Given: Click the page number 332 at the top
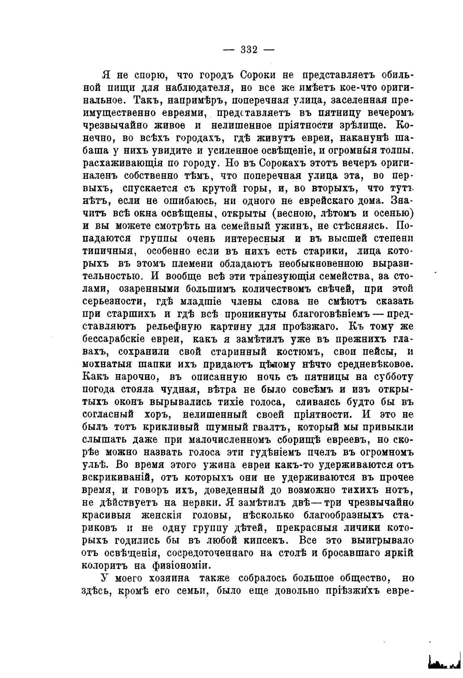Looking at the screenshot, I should [249, 50].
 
